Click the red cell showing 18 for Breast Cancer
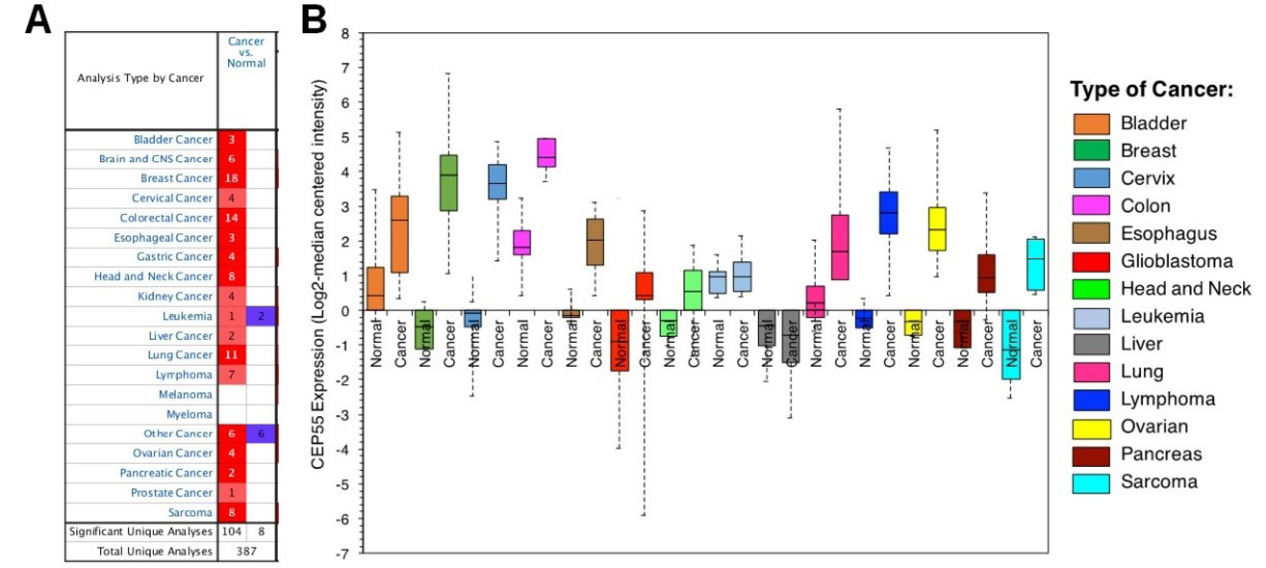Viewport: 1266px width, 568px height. pos(231,179)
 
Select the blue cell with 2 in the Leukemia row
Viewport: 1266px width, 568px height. pos(261,316)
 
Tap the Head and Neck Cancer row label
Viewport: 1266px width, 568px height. pos(153,277)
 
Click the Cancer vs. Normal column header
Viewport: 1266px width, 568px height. pos(246,53)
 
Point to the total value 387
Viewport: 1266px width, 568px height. pos(246,551)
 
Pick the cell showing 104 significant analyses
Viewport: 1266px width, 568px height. pos(231,531)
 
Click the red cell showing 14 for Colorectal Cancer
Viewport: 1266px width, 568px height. pos(231,218)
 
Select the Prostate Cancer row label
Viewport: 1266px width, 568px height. pos(171,493)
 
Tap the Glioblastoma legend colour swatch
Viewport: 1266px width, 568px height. pos(1091,262)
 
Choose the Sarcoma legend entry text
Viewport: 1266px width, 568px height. pos(1159,482)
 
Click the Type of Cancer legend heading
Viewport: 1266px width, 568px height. pos(1151,89)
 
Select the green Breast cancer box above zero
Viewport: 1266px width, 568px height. pos(448,183)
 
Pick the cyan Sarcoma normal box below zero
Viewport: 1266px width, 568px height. pos(1010,345)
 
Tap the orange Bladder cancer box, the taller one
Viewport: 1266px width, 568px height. pos(400,234)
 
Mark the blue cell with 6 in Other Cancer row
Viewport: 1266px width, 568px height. pos(261,434)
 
